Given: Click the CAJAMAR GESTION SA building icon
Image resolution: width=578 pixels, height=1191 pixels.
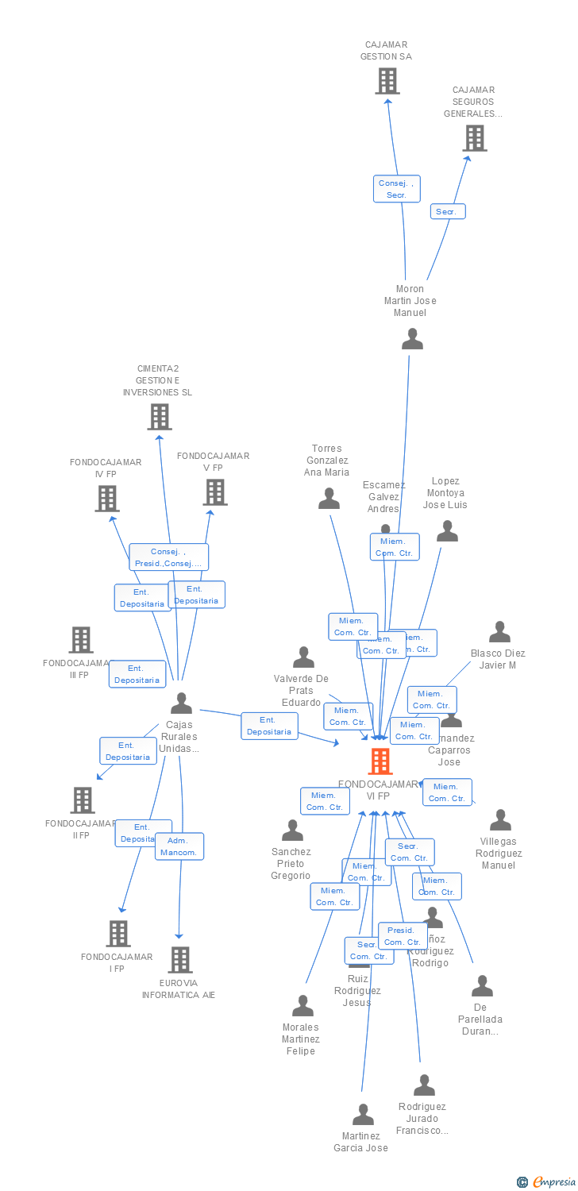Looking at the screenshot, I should [x=387, y=81].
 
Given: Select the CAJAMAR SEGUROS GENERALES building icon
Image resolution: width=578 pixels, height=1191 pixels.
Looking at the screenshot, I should [x=475, y=138].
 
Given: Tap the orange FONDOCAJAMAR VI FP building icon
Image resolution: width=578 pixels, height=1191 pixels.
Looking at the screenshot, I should [x=380, y=761].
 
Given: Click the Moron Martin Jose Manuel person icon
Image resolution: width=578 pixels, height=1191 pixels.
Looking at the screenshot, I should [x=412, y=339].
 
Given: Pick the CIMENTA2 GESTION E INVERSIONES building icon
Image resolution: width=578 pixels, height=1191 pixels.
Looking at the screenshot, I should [x=160, y=417].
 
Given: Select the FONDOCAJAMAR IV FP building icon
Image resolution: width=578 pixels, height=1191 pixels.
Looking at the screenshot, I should [x=107, y=499].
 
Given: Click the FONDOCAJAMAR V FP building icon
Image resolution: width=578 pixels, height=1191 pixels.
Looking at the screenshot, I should [x=214, y=492].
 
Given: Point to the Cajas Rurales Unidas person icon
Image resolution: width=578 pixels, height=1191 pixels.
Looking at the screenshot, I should [x=181, y=703].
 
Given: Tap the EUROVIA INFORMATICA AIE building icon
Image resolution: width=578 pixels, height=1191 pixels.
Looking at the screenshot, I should [x=180, y=960].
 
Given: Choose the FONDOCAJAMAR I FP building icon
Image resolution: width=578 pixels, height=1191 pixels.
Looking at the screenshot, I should [x=118, y=934].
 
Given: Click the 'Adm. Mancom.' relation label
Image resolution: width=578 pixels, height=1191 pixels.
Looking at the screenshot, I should [x=179, y=846].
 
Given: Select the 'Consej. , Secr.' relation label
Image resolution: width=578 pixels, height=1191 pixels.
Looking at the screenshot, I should [x=396, y=189].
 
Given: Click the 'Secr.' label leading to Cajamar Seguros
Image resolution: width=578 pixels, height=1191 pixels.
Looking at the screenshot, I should [x=448, y=212].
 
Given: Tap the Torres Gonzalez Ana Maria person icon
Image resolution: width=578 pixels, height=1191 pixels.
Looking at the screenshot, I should [x=329, y=499].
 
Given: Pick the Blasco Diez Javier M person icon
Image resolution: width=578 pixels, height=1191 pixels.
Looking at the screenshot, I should [x=499, y=632].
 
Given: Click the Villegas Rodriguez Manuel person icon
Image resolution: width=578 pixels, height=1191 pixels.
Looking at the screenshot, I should [x=500, y=820].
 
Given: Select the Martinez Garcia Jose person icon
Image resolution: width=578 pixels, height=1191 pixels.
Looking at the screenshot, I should [x=363, y=1115].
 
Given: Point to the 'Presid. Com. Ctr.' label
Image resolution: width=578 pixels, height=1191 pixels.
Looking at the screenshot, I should [x=403, y=936].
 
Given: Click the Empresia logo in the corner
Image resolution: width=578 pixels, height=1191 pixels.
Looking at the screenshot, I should [x=546, y=1182].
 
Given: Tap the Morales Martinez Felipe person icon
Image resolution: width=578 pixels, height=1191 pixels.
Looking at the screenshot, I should [x=302, y=1006].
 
